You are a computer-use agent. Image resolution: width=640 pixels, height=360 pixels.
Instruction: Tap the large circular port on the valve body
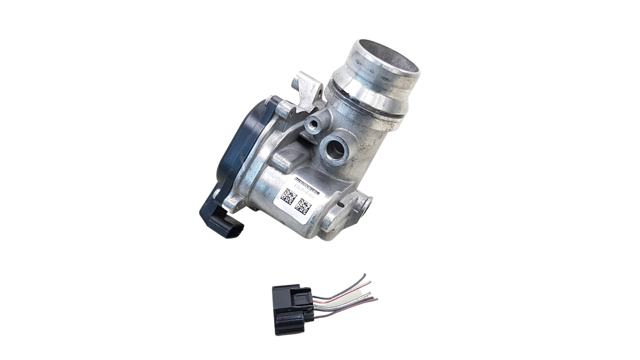coord(335,148)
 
